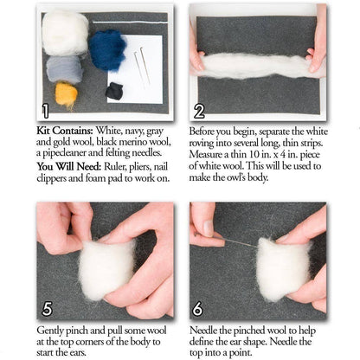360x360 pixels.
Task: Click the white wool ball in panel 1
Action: point(66,32)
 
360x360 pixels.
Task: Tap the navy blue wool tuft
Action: point(108,50)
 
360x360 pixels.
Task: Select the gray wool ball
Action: point(64,68)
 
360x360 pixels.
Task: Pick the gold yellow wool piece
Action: point(67,93)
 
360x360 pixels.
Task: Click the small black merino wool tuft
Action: point(114,91)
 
